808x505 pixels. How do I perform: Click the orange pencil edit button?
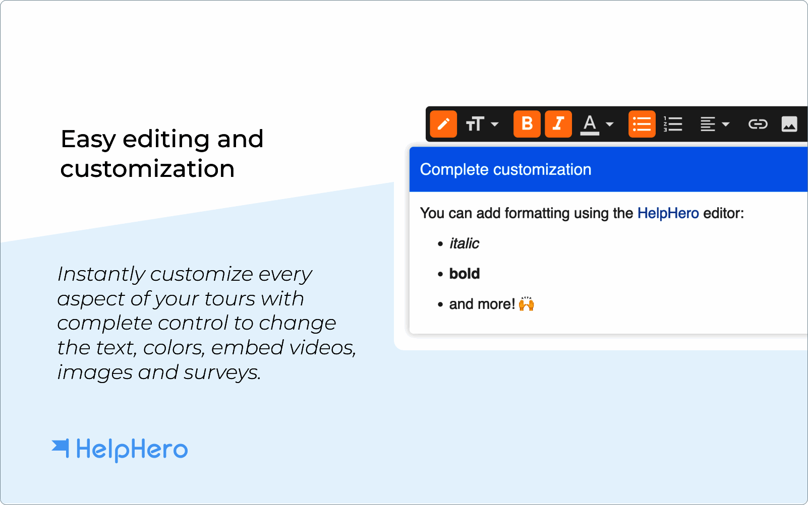[x=443, y=124]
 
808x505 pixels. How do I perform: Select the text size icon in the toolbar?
[x=475, y=124]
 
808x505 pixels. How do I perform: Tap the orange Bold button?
[x=527, y=124]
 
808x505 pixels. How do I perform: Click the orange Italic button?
[x=558, y=124]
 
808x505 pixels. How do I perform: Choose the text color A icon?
[x=590, y=124]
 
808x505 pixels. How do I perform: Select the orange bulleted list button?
[x=642, y=124]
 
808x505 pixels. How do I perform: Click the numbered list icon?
[x=673, y=124]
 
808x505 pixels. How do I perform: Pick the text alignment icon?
[x=708, y=124]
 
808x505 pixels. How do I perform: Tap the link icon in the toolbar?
[x=758, y=124]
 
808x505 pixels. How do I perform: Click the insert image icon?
[x=789, y=124]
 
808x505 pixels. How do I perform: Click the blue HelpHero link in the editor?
[x=668, y=213]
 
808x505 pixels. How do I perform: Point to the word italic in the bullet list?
[x=464, y=243]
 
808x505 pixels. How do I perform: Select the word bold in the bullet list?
[x=465, y=274]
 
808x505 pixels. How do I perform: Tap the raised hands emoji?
[x=526, y=303]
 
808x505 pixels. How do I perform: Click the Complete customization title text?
[x=506, y=170]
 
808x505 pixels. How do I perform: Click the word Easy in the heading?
[x=88, y=140]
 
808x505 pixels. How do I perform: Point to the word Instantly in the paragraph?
[x=101, y=275]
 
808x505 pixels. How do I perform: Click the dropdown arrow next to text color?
[x=610, y=124]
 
